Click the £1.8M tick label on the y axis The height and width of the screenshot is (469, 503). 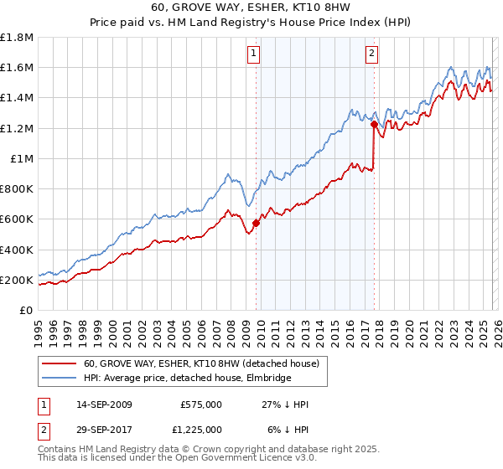click(x=16, y=38)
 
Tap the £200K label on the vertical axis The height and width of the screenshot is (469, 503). click(x=16, y=281)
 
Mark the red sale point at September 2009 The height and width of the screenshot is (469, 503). click(x=256, y=223)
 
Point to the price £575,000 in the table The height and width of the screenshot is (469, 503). click(x=201, y=405)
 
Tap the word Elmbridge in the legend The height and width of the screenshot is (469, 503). click(x=268, y=379)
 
